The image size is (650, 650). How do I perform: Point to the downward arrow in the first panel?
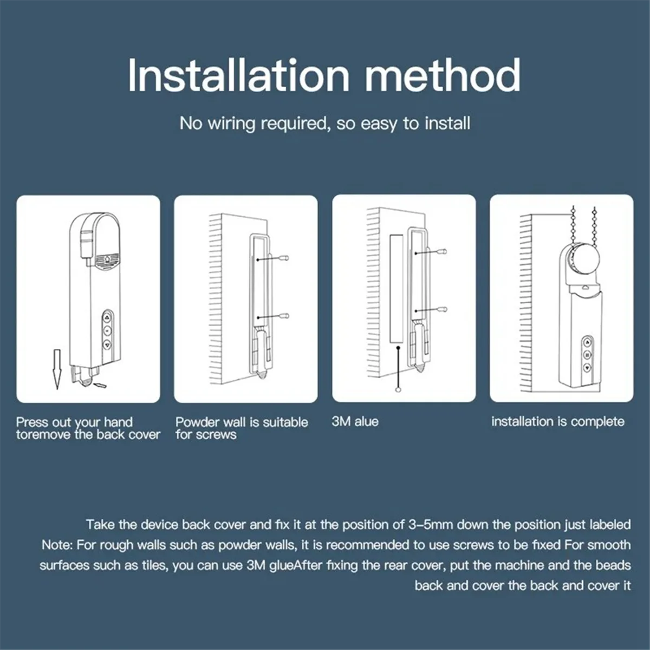point(56,369)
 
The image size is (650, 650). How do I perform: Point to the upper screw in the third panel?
point(443,252)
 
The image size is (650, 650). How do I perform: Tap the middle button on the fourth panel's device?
point(587,355)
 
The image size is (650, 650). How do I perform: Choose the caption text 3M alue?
point(355,421)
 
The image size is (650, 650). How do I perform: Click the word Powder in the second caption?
point(198,422)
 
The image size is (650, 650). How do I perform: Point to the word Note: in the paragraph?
point(57,545)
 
